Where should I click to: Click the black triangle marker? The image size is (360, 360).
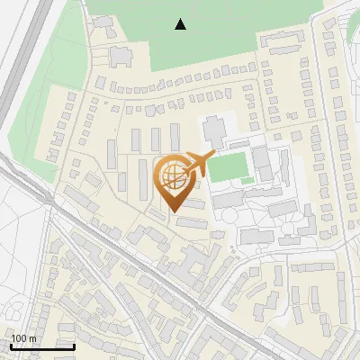(181, 24)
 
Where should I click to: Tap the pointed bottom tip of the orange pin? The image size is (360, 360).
(172, 211)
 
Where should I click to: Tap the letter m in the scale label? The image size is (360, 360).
(32, 338)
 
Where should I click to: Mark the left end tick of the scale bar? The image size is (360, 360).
(10, 346)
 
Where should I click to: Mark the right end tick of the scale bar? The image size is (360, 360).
(75, 346)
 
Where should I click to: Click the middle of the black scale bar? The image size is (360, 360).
(42, 346)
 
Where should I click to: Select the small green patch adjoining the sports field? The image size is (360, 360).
(247, 181)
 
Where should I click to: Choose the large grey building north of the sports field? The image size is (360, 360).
(216, 130)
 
